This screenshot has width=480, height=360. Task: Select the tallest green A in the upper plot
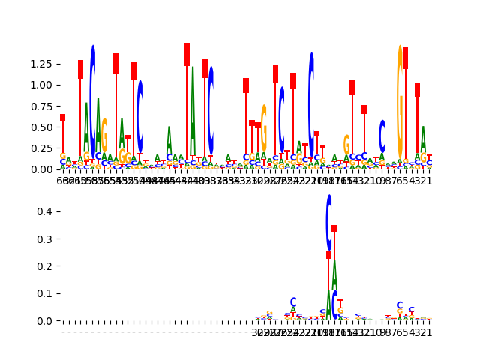193,112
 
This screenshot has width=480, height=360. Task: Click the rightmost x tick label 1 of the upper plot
429,181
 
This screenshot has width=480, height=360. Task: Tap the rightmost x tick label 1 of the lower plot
429,332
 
